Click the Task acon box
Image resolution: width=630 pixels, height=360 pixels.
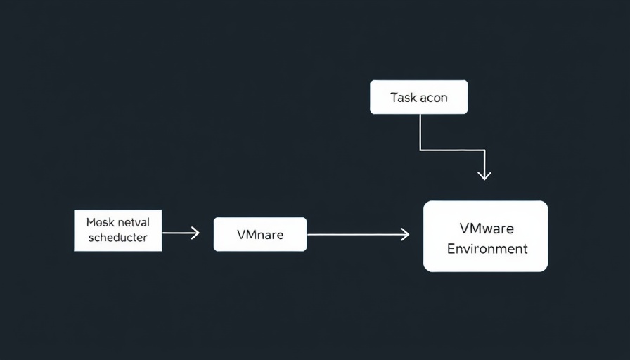(x=418, y=97)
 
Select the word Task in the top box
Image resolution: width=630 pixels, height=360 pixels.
(x=404, y=98)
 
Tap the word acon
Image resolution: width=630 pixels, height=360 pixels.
(x=434, y=98)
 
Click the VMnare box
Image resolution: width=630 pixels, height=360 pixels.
(x=260, y=234)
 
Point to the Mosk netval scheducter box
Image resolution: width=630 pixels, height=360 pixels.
(x=117, y=230)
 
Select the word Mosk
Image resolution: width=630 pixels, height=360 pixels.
(x=99, y=222)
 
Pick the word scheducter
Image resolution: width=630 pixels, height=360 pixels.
(x=118, y=238)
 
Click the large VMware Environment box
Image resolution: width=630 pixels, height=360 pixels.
(x=485, y=236)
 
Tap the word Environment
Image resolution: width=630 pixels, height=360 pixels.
(x=487, y=249)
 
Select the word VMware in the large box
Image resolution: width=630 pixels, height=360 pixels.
(x=487, y=229)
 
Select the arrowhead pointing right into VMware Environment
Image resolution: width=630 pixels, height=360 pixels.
(x=405, y=235)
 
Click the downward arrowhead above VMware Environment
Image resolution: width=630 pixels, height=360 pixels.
(x=484, y=176)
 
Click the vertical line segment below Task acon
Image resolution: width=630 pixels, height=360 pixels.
(x=420, y=131)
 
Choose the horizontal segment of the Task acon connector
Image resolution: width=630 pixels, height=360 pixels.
(x=451, y=150)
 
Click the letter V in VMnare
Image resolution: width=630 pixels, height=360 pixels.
(x=241, y=235)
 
